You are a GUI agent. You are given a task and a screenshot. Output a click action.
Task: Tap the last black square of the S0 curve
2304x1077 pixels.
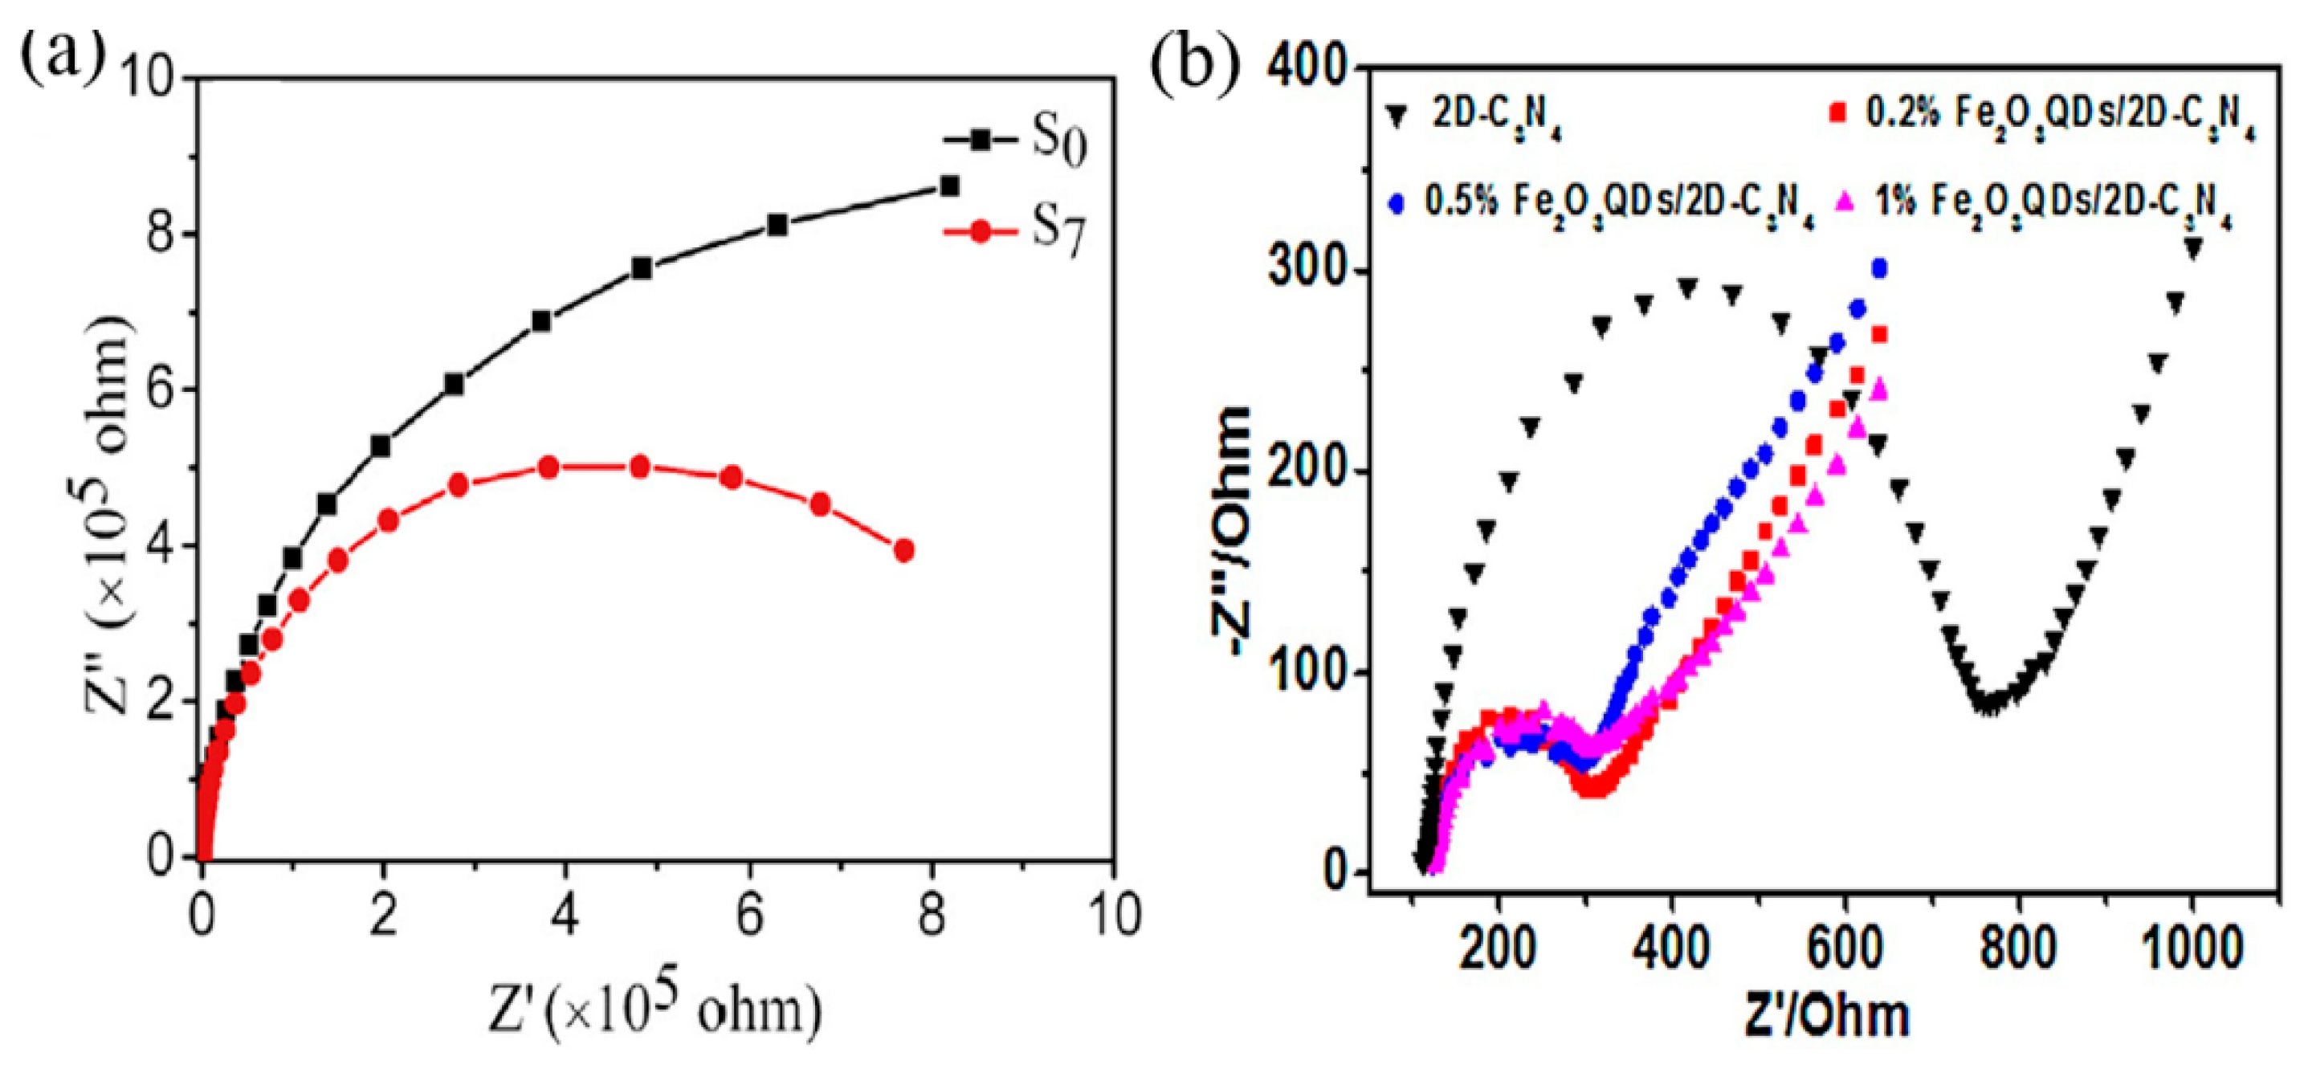[949, 186]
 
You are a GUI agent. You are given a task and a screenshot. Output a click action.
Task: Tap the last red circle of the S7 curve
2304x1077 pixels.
[903, 550]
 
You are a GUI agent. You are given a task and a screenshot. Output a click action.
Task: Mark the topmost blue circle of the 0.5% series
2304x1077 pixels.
[1879, 267]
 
